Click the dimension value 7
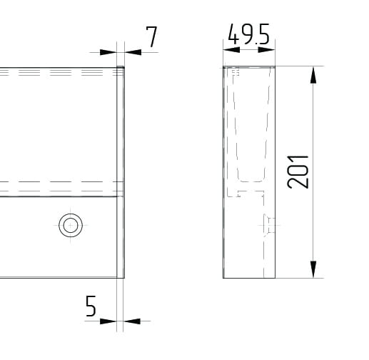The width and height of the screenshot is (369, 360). (x=151, y=36)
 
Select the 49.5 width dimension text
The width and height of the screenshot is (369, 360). (x=248, y=35)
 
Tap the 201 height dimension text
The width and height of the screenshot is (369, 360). (x=298, y=171)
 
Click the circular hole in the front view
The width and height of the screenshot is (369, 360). (x=70, y=225)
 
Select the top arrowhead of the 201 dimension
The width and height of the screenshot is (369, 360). (x=313, y=75)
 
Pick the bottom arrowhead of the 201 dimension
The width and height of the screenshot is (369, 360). (x=313, y=269)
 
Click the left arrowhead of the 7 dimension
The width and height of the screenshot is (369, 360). (x=108, y=52)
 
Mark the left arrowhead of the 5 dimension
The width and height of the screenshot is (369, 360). (x=108, y=321)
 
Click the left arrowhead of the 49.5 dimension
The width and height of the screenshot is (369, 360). (x=231, y=49)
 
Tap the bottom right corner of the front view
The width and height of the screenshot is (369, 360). (x=124, y=277)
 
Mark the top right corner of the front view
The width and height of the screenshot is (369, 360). (x=124, y=67)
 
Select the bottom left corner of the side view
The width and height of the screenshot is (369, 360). (x=223, y=277)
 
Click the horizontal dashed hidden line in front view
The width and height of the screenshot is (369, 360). (x=57, y=182)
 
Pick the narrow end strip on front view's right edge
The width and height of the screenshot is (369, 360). (x=121, y=171)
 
